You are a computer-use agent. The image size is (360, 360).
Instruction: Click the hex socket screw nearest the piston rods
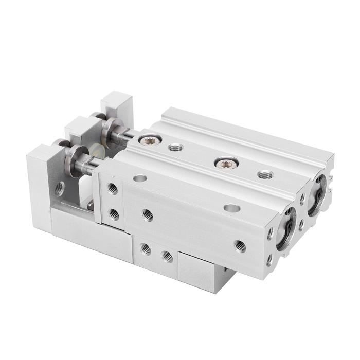click(x=150, y=140)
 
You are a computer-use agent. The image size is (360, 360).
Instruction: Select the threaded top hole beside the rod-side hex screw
click(x=175, y=148)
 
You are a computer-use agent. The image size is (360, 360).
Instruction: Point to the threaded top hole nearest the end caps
click(x=265, y=175)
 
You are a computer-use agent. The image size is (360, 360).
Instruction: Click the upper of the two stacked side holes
click(x=113, y=189)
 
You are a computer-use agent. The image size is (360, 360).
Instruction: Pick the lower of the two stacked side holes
click(x=114, y=212)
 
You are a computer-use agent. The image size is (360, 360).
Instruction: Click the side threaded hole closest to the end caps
click(x=240, y=245)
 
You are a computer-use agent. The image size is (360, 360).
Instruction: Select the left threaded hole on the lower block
click(x=147, y=249)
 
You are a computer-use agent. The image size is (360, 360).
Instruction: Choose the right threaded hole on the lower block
click(x=167, y=256)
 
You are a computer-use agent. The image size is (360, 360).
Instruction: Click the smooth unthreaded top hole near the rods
click(x=139, y=178)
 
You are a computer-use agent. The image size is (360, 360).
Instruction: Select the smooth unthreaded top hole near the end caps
click(x=232, y=208)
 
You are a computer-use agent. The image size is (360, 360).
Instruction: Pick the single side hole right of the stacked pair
click(x=148, y=215)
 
